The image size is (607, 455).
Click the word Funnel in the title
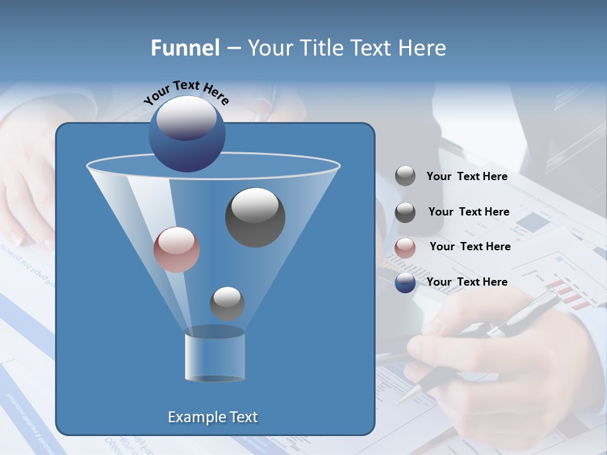(185, 48)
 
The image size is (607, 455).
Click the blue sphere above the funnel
(187, 133)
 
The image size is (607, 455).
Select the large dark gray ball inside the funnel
(255, 217)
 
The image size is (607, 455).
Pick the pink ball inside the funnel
(176, 250)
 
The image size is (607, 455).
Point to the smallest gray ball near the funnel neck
(227, 303)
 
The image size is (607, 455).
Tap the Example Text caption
(212, 417)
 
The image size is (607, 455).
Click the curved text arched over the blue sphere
(186, 93)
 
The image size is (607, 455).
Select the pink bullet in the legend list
(405, 248)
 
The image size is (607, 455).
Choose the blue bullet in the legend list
(405, 282)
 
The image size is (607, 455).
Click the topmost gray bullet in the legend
(405, 176)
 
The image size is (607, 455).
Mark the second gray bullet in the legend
(405, 212)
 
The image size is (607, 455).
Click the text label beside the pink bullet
(470, 246)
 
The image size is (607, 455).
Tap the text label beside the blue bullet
(467, 282)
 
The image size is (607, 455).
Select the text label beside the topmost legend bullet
(467, 176)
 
